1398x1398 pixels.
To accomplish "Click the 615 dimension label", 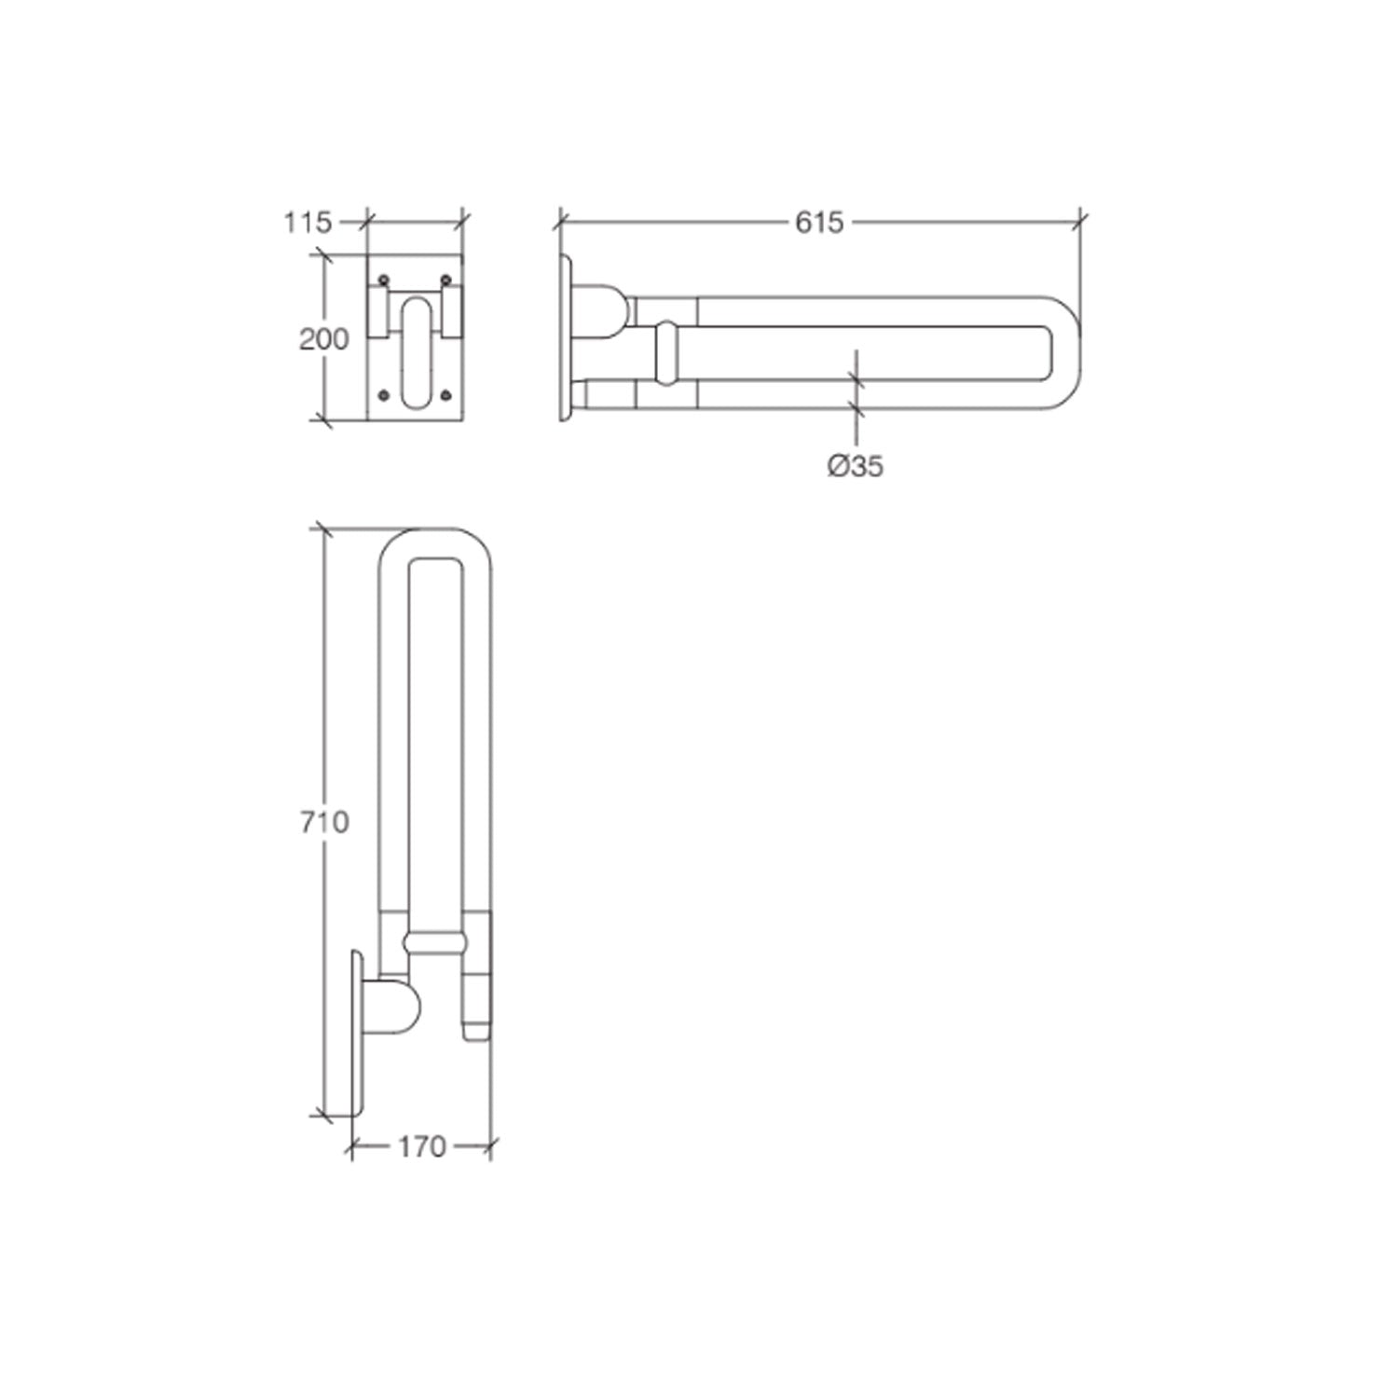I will coord(818,222).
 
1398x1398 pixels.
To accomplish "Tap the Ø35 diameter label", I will coord(855,465).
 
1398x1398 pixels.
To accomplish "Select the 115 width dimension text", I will coord(308,222).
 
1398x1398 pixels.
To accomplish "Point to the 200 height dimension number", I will coord(323,339).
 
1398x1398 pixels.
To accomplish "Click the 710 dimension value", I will coord(323,822).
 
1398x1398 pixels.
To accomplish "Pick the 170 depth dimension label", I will coord(422,1147).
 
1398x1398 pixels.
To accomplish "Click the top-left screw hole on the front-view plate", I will coord(383,280).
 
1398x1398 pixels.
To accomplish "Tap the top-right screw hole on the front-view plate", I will coord(445,280).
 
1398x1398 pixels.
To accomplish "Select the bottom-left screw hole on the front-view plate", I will coord(383,395).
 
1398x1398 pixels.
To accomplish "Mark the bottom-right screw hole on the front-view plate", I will coord(445,395).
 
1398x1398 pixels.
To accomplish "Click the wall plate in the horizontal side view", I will coord(566,336).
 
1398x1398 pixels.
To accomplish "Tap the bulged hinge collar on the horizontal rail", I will coord(668,354).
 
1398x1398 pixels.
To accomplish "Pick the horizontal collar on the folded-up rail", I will coord(435,942).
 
